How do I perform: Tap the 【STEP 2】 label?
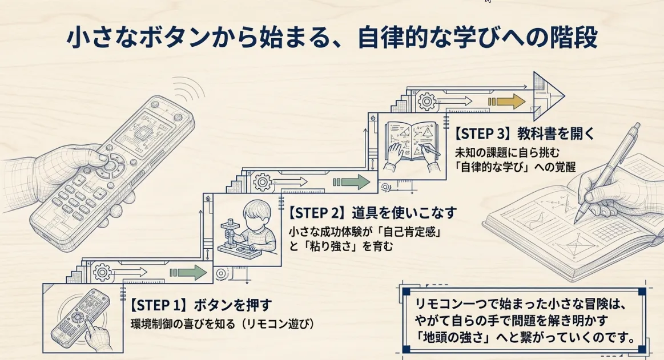click(x=319, y=213)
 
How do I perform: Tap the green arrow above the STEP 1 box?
click(x=191, y=273)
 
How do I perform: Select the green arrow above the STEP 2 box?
click(x=355, y=182)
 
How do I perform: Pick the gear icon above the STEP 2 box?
click(x=263, y=183)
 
